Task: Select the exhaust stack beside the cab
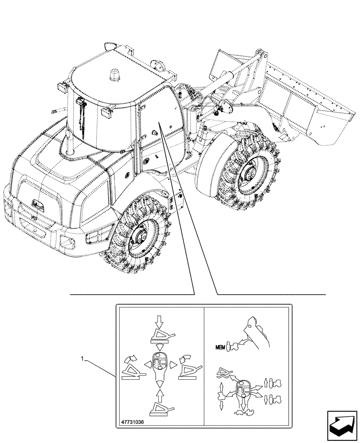70,143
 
